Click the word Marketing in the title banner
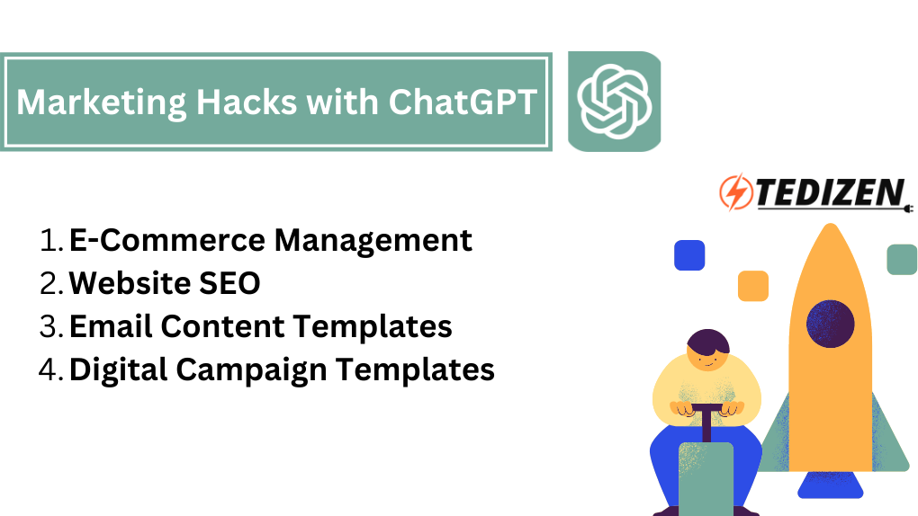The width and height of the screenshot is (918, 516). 101,103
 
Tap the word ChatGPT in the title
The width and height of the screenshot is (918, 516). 463,102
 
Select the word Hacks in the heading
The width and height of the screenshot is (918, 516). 247,102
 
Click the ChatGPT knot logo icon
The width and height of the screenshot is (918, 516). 614,102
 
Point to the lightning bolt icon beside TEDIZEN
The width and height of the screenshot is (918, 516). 736,191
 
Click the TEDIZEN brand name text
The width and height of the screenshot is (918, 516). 830,192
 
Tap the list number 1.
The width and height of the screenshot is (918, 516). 50,240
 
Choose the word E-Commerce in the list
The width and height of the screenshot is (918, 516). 167,240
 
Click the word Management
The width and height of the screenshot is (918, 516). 373,241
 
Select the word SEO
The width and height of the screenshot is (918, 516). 229,283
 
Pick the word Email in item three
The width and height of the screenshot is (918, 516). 111,325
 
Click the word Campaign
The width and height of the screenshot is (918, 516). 251,370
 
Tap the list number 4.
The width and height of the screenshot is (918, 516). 50,369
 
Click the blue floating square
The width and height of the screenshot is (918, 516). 689,255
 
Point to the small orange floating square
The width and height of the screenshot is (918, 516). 753,286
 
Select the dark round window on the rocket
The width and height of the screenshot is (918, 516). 830,324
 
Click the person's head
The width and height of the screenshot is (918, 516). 707,350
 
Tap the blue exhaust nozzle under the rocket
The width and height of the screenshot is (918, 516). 830,485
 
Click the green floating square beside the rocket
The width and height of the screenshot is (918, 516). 902,260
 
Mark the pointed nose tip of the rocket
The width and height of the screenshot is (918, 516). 830,224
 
